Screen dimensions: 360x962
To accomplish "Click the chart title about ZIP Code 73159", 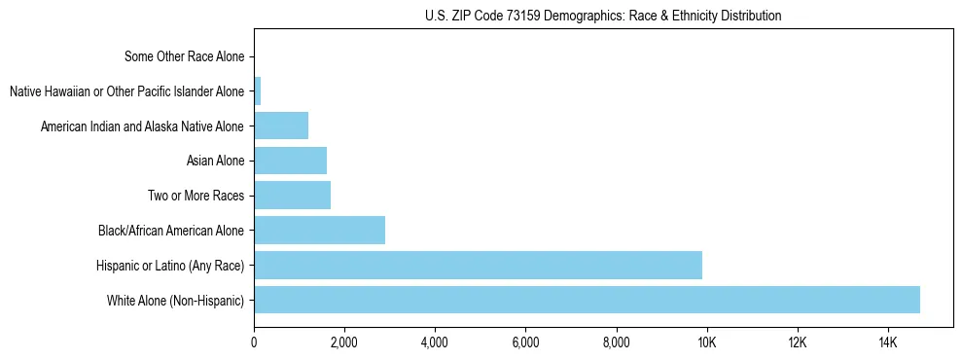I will (603, 16).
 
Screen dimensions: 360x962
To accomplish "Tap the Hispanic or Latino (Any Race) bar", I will (478, 265).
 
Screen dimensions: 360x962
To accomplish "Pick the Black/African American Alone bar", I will (319, 231).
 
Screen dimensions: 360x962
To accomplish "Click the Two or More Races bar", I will (292, 196).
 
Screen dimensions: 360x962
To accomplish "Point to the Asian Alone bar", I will (290, 161).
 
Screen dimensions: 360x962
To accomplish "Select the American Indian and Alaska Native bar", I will (281, 126).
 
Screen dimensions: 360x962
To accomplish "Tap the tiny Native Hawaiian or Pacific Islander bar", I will (258, 91).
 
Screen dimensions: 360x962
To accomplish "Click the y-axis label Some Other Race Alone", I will (185, 56).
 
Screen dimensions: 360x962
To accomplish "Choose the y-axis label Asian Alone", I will (215, 161).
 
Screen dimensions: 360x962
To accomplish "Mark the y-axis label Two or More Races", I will (196, 196).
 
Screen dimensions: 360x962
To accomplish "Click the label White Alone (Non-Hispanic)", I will (176, 300).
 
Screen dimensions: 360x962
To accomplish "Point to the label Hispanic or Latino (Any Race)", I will (170, 265).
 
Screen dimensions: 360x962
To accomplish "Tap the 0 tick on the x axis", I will (254, 342).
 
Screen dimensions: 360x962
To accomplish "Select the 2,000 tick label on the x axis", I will (344, 342).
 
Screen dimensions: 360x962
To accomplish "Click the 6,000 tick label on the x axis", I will (525, 342).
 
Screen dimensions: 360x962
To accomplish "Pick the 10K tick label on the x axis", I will (706, 342).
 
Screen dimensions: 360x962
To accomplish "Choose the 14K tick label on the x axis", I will (887, 342).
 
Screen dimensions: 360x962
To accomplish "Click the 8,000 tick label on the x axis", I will (616, 342).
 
